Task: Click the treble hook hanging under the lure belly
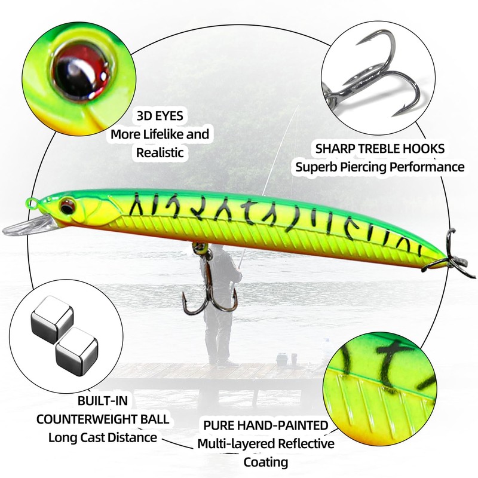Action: click(212, 287)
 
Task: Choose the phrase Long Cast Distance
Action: click(102, 437)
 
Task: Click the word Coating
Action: click(266, 461)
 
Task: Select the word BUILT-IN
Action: click(103, 399)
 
